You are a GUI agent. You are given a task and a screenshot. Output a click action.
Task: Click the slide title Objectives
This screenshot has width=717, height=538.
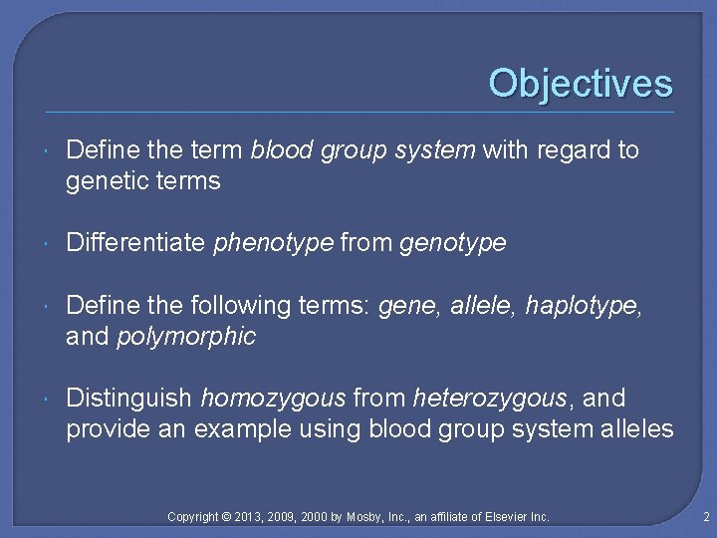point(581,83)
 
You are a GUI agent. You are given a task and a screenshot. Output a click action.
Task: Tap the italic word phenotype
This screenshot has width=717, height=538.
point(274,243)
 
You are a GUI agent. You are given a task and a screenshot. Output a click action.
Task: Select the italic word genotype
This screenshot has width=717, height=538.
point(452,243)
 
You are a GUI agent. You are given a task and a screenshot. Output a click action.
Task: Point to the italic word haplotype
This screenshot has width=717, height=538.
point(585,306)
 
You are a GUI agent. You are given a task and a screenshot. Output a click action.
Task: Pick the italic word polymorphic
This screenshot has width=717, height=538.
point(186,337)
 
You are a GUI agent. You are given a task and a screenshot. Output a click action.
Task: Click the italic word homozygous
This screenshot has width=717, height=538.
point(273,399)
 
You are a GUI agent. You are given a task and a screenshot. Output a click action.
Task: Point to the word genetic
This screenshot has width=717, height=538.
point(107,181)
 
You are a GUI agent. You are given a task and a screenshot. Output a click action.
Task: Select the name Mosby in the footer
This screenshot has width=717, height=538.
point(367,517)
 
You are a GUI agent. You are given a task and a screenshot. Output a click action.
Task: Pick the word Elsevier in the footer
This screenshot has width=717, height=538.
point(507,517)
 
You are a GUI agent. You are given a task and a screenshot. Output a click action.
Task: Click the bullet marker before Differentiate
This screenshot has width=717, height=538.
point(49,244)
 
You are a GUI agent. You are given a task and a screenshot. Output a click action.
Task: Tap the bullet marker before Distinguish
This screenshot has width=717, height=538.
point(49,400)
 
